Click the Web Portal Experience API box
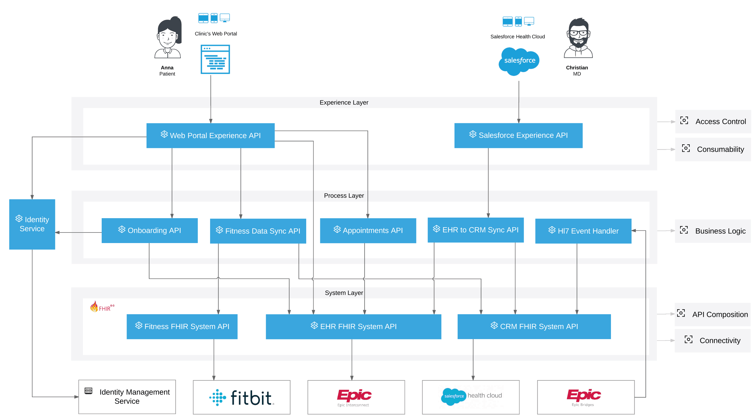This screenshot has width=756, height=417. (210, 136)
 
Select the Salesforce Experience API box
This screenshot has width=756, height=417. (518, 135)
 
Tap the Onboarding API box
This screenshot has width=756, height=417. (149, 230)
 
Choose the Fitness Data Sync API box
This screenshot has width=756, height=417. (258, 231)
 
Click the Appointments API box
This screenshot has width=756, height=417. (368, 230)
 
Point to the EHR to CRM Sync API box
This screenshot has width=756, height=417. (476, 230)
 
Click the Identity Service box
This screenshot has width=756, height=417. (32, 224)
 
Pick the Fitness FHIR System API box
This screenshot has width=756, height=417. (182, 327)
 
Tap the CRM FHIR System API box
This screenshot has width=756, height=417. (534, 327)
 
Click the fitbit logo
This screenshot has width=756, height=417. (241, 397)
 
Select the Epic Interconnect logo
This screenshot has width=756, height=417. (354, 397)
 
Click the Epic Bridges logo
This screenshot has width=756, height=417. (583, 397)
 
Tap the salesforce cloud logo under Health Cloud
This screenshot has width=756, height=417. (519, 61)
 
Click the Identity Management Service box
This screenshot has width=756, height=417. (127, 397)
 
